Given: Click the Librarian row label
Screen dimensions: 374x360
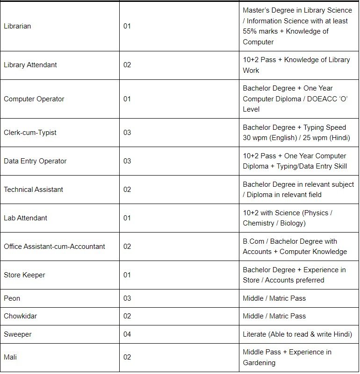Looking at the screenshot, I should (17, 26).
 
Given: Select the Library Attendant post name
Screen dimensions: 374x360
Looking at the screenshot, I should (30, 65).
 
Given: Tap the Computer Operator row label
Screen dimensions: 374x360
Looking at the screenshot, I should (34, 99).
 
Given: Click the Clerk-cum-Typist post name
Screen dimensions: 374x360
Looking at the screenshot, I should (30, 133).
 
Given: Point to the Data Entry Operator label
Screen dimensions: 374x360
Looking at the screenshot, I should (35, 161).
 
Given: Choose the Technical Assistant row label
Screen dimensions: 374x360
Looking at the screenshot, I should (33, 190).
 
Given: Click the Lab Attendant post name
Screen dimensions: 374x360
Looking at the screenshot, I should (25, 218).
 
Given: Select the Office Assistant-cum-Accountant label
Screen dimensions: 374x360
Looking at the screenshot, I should (54, 247).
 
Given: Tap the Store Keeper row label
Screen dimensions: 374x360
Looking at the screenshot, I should (24, 275).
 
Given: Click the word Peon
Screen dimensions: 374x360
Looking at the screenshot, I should (12, 298).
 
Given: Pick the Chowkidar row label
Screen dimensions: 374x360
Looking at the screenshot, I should (20, 316).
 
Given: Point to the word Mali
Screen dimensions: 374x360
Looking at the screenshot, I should (10, 357).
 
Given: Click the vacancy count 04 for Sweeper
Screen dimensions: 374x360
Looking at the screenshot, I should (127, 334).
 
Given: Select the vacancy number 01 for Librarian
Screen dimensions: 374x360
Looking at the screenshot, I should (127, 26).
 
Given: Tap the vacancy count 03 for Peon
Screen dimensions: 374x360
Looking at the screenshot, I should (127, 298).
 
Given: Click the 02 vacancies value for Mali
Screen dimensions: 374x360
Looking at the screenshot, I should (127, 357).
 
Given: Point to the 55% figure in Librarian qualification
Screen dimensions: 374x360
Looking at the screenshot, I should (251, 31).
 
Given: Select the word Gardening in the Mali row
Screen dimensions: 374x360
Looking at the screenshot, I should (259, 363).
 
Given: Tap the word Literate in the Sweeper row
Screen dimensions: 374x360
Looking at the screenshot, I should (254, 334).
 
